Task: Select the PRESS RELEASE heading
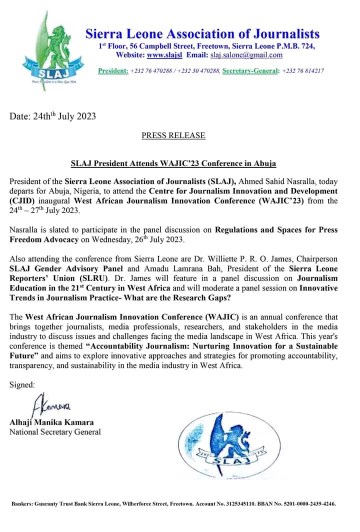click(173, 135)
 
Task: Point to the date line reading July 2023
click(52, 117)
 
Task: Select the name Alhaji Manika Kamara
click(51, 422)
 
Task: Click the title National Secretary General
click(55, 432)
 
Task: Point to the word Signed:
click(22, 384)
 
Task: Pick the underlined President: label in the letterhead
click(113, 70)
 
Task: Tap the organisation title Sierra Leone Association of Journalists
click(202, 34)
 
